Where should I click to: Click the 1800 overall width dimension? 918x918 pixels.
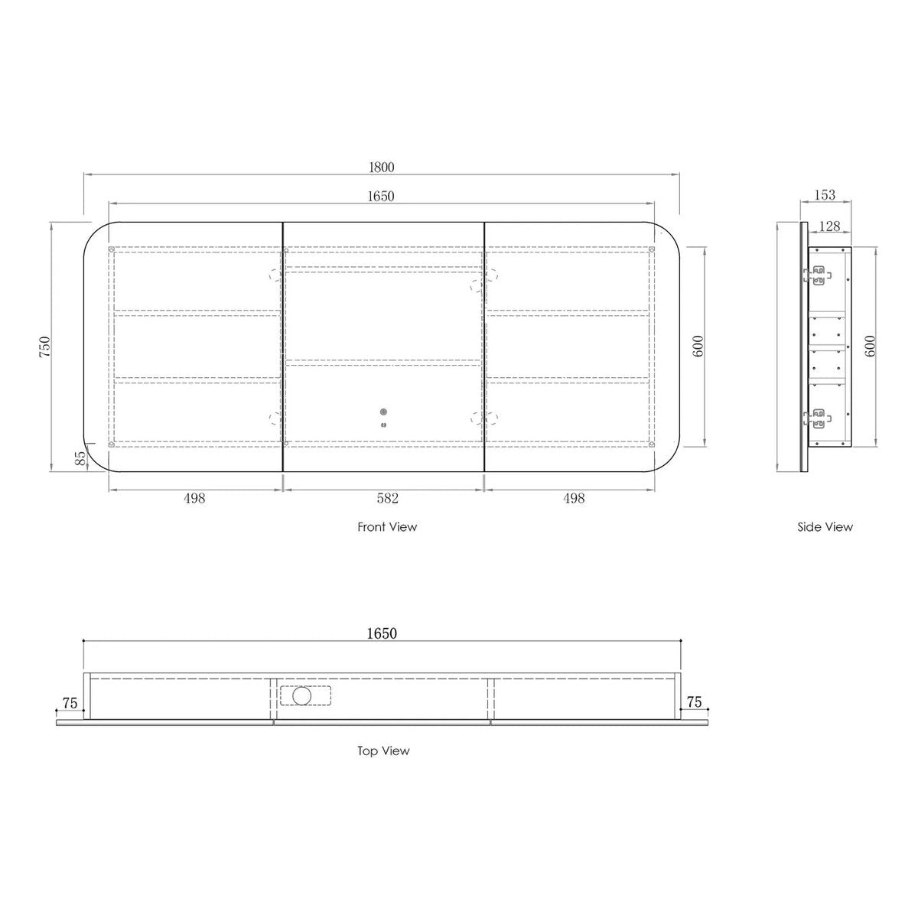click(382, 168)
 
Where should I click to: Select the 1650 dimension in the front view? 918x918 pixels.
click(381, 197)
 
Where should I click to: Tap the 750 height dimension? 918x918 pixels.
click(44, 347)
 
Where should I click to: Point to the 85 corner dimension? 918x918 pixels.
click(80, 458)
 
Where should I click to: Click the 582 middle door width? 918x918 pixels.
click(387, 498)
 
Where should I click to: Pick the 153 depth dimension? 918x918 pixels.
click(825, 195)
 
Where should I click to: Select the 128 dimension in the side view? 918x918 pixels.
click(829, 226)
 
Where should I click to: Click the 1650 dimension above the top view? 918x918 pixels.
click(382, 633)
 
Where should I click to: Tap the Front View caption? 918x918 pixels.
click(387, 527)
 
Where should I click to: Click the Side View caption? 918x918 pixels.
click(825, 527)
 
